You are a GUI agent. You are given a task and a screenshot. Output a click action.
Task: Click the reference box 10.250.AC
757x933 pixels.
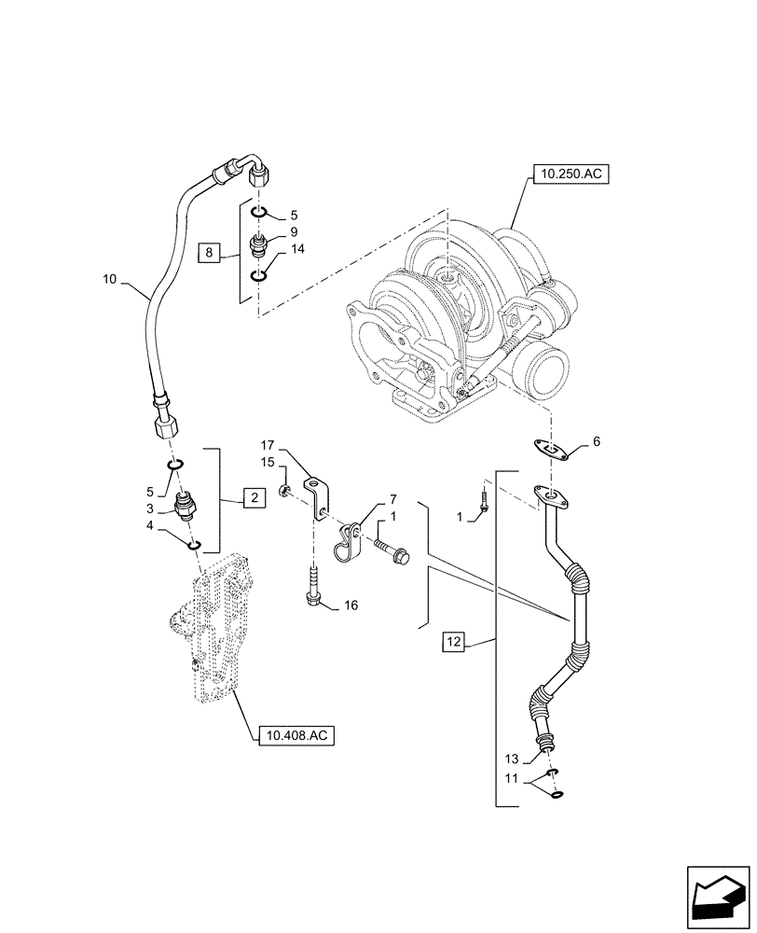pos(569,174)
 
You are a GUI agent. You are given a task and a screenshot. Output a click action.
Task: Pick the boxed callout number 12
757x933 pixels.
pos(453,642)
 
